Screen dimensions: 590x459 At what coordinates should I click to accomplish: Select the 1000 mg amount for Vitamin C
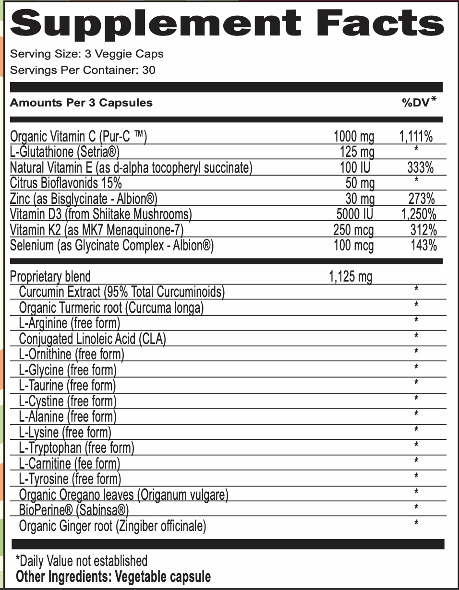pyautogui.click(x=353, y=137)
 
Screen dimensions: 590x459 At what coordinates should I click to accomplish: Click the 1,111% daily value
pyautogui.click(x=416, y=137)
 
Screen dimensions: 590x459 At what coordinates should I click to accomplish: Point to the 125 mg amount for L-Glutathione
pyautogui.click(x=357, y=153)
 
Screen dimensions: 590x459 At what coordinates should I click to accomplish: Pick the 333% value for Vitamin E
pyautogui.click(x=420, y=168)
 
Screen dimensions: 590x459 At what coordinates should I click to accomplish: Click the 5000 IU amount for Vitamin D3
pyautogui.click(x=353, y=214)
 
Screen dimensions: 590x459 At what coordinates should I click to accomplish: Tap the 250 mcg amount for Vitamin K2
pyautogui.click(x=353, y=230)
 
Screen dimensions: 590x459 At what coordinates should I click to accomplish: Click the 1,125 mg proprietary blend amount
pyautogui.click(x=350, y=277)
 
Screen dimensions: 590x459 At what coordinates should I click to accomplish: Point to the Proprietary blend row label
pyautogui.click(x=50, y=277)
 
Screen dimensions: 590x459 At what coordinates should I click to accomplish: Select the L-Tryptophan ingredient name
pyautogui.click(x=50, y=448)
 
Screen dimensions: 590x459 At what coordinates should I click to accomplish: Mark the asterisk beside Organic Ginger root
pyautogui.click(x=416, y=522)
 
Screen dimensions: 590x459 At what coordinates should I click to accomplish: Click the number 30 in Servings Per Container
pyautogui.click(x=149, y=70)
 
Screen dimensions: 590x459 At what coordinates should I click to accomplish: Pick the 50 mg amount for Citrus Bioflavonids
pyautogui.click(x=360, y=183)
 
